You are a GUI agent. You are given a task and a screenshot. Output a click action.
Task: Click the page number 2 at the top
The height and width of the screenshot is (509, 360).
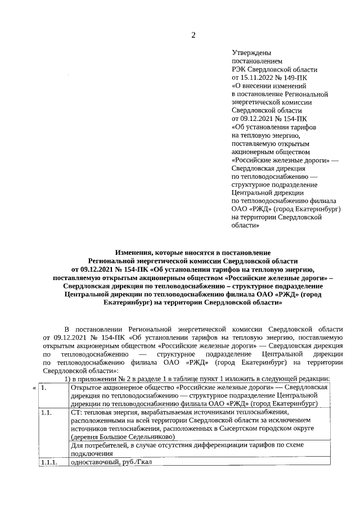point(193,35)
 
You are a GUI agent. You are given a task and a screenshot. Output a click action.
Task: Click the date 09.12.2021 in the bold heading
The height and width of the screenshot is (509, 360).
point(96,269)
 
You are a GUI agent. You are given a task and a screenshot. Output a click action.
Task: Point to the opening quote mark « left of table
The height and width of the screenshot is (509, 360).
point(34,388)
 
